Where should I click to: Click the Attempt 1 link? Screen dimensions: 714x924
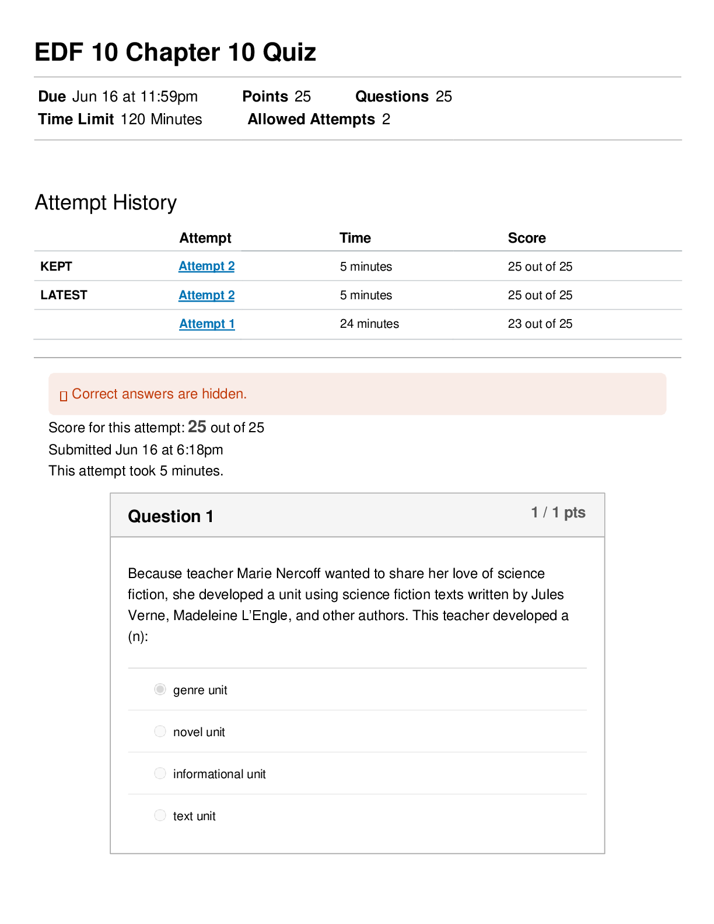pos(206,324)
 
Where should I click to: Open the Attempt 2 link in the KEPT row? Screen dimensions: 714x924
pos(206,266)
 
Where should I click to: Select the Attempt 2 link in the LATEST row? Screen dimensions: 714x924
pos(206,295)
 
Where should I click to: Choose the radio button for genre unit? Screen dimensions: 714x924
pos(160,689)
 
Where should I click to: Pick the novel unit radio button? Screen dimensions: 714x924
pos(160,731)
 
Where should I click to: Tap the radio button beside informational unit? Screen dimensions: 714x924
pos(160,773)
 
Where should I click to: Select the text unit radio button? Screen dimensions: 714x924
pos(160,815)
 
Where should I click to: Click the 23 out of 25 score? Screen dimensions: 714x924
pos(540,324)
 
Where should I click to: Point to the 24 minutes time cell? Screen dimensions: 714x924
pos(369,324)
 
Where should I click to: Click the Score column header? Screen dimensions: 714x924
pos(527,238)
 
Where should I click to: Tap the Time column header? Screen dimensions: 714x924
pos(355,238)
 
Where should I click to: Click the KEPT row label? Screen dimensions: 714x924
pos(56,267)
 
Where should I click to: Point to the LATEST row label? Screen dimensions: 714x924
pos(64,295)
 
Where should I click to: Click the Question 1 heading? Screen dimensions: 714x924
pos(170,517)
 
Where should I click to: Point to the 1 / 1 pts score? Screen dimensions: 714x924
pos(558,513)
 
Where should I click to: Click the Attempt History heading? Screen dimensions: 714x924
pos(106,203)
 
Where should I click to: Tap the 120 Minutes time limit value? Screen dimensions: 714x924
pos(161,120)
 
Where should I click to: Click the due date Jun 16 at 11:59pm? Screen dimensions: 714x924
pos(135,97)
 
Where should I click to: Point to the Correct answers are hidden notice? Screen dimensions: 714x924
pos(159,394)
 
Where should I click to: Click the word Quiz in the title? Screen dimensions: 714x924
pos(289,52)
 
